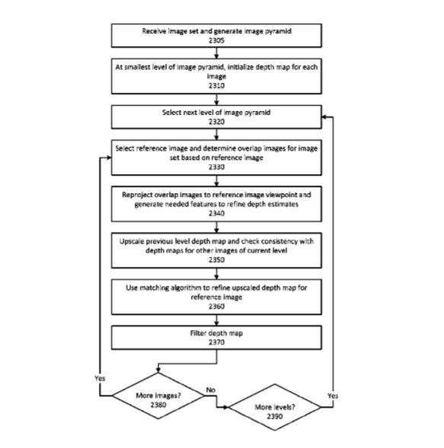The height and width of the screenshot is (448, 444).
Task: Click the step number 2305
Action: [x=216, y=40]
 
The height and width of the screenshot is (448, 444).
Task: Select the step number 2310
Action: [x=216, y=85]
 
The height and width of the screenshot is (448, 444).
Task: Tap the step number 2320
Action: [x=216, y=122]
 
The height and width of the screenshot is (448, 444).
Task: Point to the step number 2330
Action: [x=216, y=167]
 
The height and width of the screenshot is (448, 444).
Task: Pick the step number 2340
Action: [x=216, y=213]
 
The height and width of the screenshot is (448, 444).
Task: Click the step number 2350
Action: [x=216, y=259]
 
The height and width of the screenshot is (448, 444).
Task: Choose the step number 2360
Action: [x=216, y=307]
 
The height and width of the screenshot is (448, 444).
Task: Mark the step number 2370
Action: [x=216, y=342]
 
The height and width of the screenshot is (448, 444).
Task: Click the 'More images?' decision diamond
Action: [x=158, y=396]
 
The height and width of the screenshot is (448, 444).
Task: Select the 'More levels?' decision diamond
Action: [x=275, y=407]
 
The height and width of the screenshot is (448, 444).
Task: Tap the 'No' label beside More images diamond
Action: [x=210, y=389]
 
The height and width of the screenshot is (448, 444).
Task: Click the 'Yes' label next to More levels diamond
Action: [x=333, y=396]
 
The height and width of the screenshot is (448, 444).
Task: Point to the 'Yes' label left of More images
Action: [x=100, y=378]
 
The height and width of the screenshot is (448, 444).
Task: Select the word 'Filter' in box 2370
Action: [x=198, y=333]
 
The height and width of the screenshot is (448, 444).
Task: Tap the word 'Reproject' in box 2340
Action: [x=137, y=195]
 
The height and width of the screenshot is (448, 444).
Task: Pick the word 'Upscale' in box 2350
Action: [x=131, y=241]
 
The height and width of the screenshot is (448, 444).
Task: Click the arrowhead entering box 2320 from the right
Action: [x=324, y=117]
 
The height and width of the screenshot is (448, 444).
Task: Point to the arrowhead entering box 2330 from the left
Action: [x=109, y=157]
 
